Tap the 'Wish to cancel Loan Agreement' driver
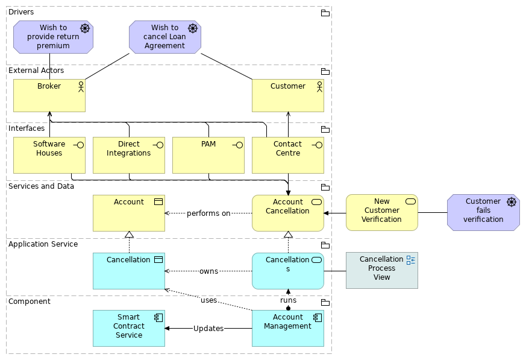(164, 37)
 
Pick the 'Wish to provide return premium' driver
(53, 37)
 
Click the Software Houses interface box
(49, 155)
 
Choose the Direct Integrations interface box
(129, 155)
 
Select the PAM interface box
(208, 155)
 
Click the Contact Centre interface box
(287, 155)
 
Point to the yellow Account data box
(129, 213)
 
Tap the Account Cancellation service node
(287, 213)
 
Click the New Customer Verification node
(381, 212)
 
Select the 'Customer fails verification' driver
(483, 212)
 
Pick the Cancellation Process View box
(381, 270)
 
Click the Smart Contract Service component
(129, 328)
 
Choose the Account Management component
(287, 328)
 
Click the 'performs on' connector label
(208, 213)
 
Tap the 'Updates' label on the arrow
(208, 329)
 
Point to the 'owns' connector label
(208, 271)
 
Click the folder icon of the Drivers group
(325, 13)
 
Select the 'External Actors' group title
(36, 71)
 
